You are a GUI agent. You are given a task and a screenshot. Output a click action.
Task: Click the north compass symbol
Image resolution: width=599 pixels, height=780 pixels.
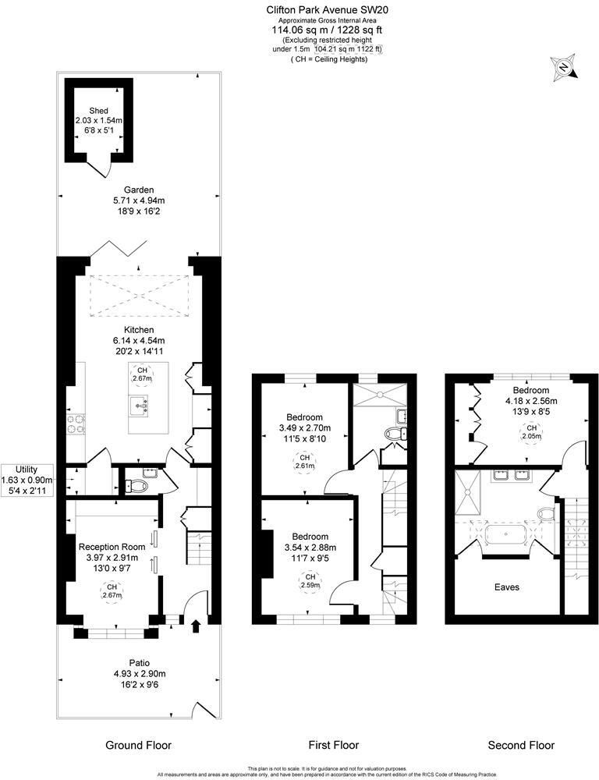pyautogui.click(x=562, y=68)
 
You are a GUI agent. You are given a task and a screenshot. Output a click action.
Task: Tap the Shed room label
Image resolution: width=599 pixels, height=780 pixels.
pyautogui.click(x=98, y=111)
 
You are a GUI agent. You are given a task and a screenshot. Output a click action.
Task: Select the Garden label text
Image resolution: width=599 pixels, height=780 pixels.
pyautogui.click(x=139, y=190)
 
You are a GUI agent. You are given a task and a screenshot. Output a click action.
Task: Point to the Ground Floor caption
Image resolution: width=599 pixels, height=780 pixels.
pyautogui.click(x=138, y=745)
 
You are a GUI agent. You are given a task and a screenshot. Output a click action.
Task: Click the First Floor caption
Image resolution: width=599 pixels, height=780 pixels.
pyautogui.click(x=333, y=745)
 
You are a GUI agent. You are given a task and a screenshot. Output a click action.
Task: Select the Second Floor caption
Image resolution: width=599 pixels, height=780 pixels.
pyautogui.click(x=521, y=745)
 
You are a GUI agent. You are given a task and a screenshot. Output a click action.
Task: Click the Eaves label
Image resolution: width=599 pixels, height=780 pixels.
pyautogui.click(x=508, y=587)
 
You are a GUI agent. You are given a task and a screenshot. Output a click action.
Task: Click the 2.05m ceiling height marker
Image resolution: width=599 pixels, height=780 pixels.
pyautogui.click(x=531, y=432)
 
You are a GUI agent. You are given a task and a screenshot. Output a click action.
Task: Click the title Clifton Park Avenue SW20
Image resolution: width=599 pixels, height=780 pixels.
pyautogui.click(x=327, y=10)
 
